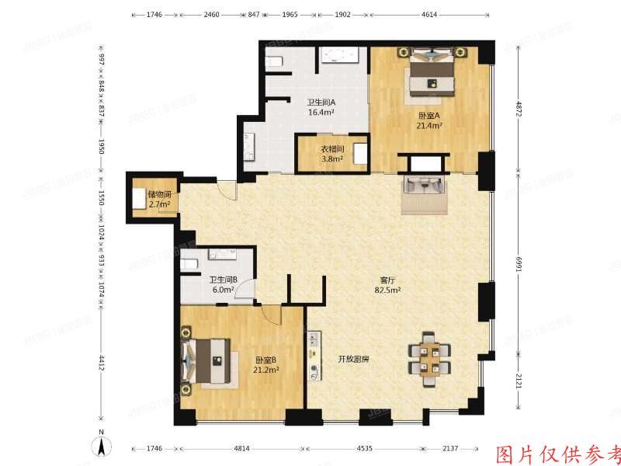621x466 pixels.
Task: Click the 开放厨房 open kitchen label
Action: point(353,360)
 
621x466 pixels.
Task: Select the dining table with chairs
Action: point(429,356)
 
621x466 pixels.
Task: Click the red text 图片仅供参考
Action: point(558,454)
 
